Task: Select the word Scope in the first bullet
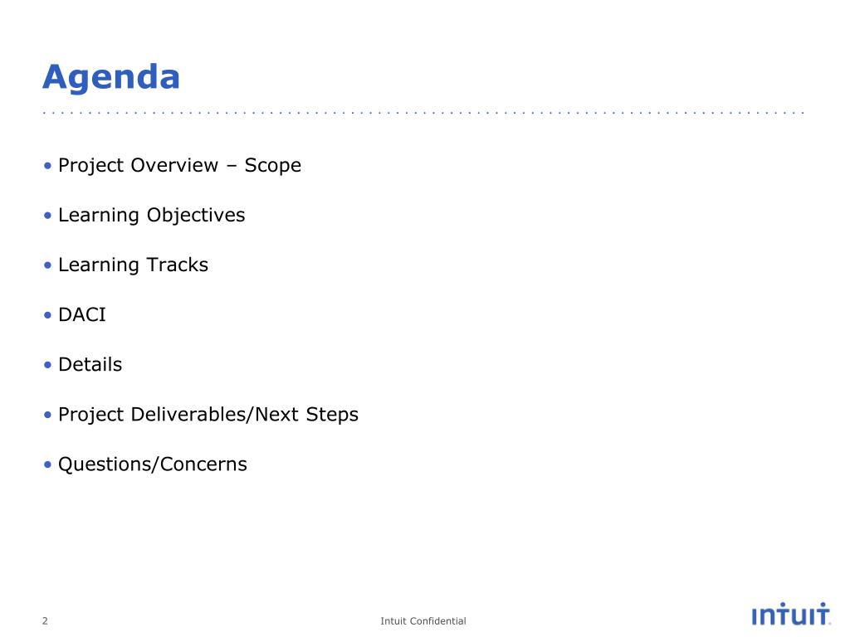272,166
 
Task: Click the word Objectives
196,216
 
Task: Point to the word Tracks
178,265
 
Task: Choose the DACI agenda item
82,314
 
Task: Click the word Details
90,365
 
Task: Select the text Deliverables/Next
215,415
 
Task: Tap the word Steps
332,415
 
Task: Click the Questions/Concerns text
153,464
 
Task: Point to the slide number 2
45,620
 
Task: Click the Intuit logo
791,615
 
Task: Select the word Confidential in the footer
438,620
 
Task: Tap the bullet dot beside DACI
47,315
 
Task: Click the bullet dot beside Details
47,365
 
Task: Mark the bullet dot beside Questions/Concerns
47,464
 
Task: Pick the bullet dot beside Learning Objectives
47,216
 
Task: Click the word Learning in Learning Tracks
99,265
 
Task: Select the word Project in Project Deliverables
91,415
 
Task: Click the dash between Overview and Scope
232,166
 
